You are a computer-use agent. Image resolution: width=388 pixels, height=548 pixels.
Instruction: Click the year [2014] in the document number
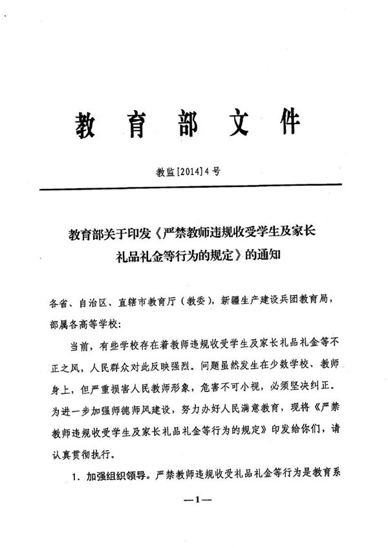pyautogui.click(x=188, y=172)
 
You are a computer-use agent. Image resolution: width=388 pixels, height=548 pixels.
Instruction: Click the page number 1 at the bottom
pyautogui.click(x=194, y=499)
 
